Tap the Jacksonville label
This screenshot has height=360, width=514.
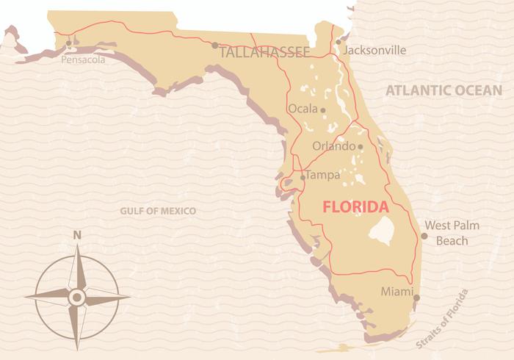coord(374,51)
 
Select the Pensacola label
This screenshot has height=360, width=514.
coord(83,60)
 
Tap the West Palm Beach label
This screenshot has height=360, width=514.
coord(452,232)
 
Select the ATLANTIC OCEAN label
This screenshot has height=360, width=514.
coord(443,90)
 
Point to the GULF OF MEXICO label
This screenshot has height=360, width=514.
coord(158,211)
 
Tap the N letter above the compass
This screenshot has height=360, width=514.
coord(77,235)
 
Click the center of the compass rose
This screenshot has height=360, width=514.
coord(76,296)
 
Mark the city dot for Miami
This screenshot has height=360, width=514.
coord(416,298)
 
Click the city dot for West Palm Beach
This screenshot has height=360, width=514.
coord(424,236)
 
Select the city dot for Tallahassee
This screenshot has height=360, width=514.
coord(214,46)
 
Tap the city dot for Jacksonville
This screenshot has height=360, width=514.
coord(338,42)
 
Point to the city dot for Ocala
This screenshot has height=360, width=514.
coord(323,110)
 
